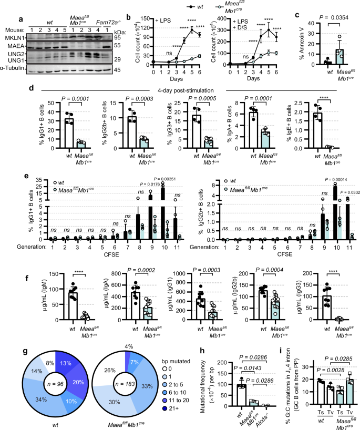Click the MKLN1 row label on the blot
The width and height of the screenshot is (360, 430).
(12, 23)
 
